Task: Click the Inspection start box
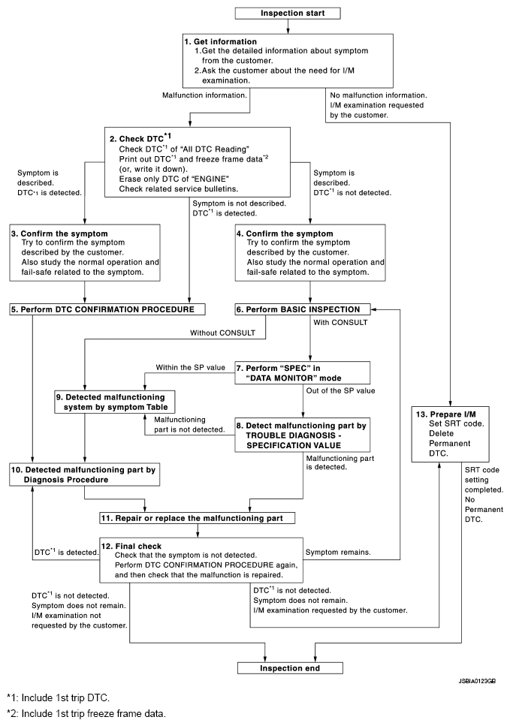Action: pyautogui.click(x=288, y=13)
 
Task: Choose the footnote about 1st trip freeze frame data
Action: pyautogui.click(x=77, y=715)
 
